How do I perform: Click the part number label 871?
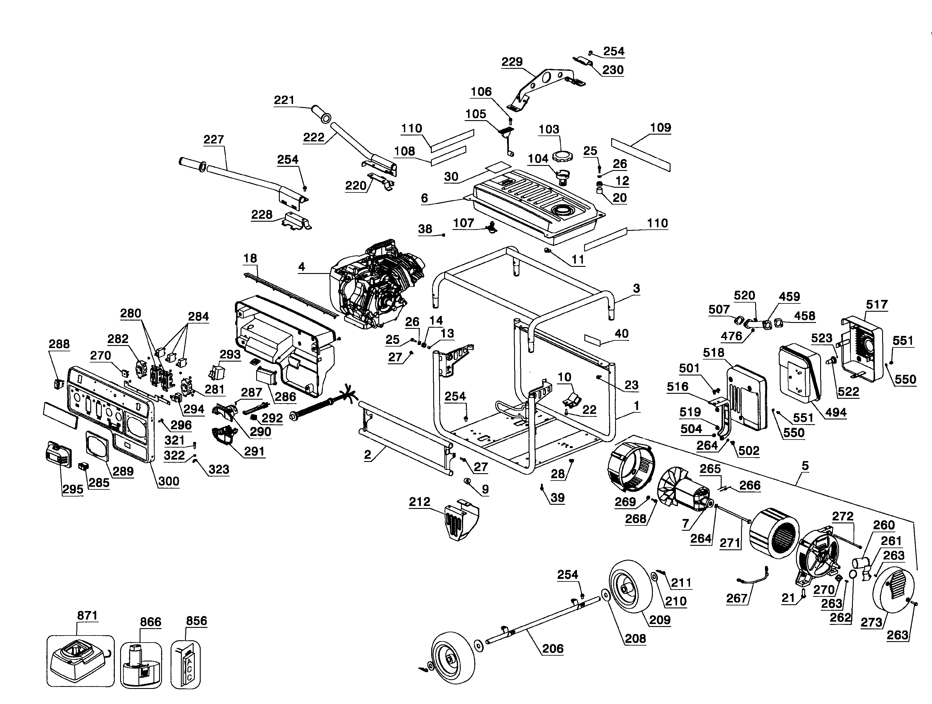point(87,615)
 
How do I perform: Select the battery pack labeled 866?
point(140,661)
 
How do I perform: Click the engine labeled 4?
point(375,287)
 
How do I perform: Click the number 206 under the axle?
point(552,649)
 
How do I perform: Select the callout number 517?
point(877,304)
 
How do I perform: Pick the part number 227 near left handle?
point(214,139)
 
